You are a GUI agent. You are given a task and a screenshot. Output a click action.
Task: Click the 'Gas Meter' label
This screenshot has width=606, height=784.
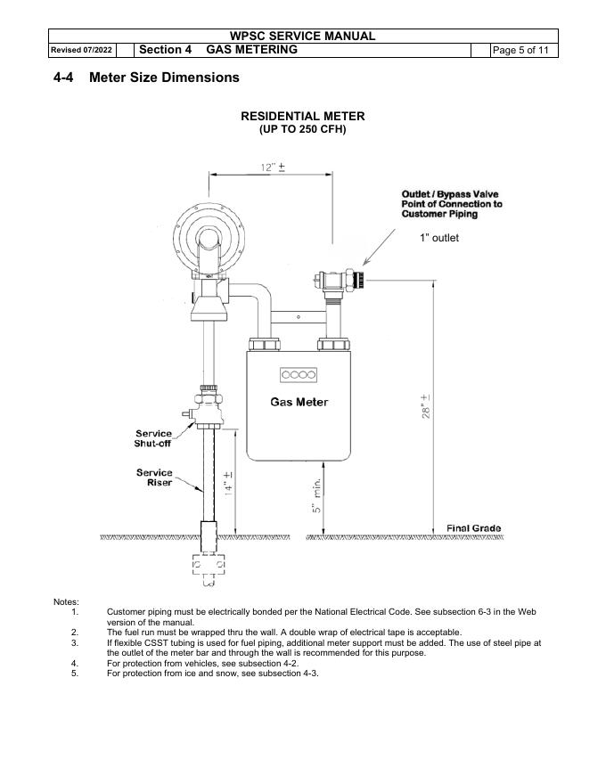(x=299, y=402)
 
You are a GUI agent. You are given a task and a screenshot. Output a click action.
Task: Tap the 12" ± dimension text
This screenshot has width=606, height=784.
(x=273, y=167)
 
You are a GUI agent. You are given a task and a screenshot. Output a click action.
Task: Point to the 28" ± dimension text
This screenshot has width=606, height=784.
(x=425, y=406)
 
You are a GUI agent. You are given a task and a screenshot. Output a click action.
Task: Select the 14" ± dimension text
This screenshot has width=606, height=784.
(x=228, y=483)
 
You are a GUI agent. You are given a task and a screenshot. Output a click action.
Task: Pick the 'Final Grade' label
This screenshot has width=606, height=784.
(x=473, y=528)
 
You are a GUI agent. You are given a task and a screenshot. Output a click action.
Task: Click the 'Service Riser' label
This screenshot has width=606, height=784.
(x=154, y=478)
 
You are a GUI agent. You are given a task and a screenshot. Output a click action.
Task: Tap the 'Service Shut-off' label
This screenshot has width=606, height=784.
(x=153, y=438)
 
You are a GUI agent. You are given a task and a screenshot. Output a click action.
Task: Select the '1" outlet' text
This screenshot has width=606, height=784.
(x=439, y=238)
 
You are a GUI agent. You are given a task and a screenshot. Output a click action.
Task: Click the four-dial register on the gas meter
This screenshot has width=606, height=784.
(x=299, y=375)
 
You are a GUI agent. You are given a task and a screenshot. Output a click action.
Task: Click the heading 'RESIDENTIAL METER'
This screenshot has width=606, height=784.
(x=302, y=116)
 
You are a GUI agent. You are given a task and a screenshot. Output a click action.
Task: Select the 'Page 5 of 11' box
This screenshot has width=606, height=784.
(x=520, y=50)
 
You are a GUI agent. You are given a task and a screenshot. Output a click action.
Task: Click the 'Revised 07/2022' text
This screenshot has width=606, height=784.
(x=81, y=50)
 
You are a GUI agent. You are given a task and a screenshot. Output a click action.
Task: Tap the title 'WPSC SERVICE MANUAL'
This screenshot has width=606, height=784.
(x=302, y=36)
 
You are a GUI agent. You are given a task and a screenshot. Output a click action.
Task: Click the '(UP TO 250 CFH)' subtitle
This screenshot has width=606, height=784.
(x=302, y=129)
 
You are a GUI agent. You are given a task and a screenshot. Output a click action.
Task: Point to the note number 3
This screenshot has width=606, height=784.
(x=75, y=643)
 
